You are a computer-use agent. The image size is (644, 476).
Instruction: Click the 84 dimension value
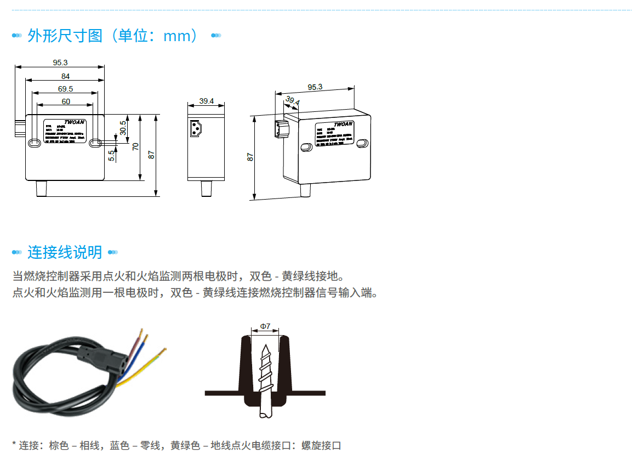coord(65,76)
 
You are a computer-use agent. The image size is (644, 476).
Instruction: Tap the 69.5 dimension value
coord(65,89)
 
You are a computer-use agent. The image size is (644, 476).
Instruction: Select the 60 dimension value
coord(65,101)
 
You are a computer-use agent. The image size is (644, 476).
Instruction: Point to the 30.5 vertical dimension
coord(123,128)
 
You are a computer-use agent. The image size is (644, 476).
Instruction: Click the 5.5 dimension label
coord(111,156)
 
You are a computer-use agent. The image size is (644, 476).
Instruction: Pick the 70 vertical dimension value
coord(135,147)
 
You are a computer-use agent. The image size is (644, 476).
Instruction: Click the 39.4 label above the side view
coord(206,101)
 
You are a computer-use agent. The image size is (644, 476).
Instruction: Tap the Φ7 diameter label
coord(265,326)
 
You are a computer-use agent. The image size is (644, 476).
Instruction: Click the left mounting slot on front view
coord(34,143)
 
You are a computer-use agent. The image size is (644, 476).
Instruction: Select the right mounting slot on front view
coord(95,143)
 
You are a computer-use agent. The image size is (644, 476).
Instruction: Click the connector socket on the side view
coord(195,129)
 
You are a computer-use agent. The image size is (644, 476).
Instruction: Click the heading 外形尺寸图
coord(65,36)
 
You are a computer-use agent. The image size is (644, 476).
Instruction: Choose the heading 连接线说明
coord(65,252)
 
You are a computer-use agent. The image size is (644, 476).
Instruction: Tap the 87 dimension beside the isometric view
coord(250,157)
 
